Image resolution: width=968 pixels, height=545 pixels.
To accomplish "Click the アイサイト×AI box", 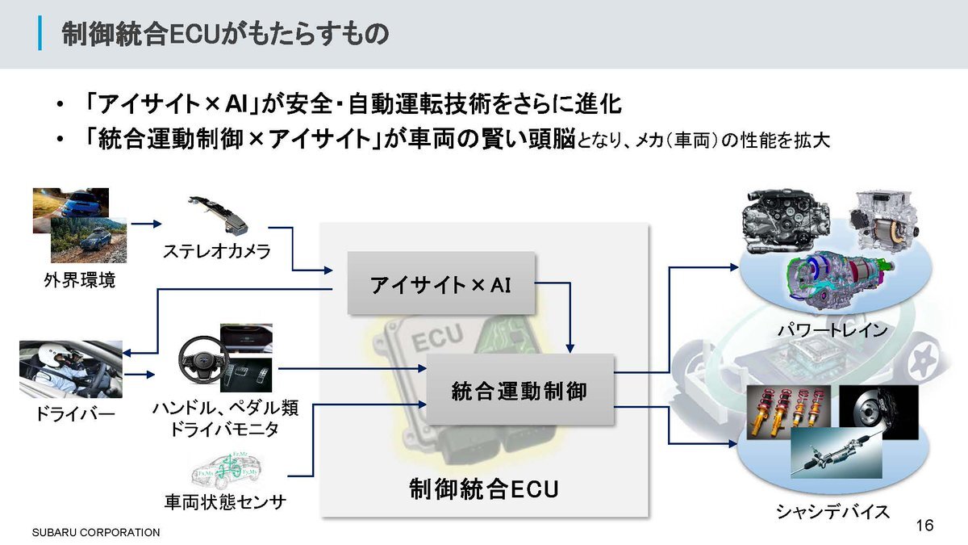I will coord(441,283).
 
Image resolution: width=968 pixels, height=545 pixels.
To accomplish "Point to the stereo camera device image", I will coord(218,212).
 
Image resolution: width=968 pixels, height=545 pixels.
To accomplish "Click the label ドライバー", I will coord(70,415).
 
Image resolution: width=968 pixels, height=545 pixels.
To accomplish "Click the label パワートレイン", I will coord(832,330).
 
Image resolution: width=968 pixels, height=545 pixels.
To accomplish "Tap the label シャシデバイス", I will coord(832,512).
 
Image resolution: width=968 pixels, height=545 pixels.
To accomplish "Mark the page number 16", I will coord(924,526).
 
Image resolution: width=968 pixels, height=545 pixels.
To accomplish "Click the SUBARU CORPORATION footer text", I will coord(96,533).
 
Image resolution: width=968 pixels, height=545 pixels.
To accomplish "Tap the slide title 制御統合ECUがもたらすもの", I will coord(226,35).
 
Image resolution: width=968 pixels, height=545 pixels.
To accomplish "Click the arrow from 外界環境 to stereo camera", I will coord(146,224).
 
